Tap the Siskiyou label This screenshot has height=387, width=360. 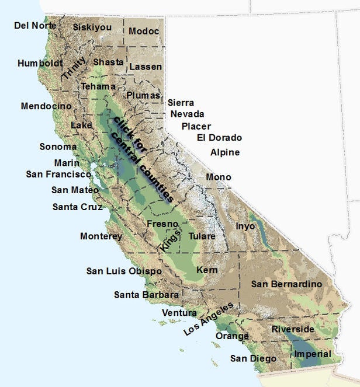point(92,27)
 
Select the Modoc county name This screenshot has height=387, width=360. point(144,31)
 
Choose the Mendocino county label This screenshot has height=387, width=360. point(46,106)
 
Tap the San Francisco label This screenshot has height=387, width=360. point(58,174)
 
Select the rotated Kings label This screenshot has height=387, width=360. point(167,240)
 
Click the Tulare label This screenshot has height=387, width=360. point(202,236)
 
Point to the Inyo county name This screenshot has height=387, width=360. point(245,225)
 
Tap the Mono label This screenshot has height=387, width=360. point(219,177)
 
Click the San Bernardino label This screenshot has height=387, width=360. point(286,284)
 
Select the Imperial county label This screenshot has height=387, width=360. point(313,354)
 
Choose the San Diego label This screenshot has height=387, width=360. point(253,358)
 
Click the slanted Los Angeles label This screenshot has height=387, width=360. point(209,319)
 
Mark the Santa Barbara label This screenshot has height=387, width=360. point(146,295)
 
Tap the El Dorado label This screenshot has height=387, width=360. point(219,138)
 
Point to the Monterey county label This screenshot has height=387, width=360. point(101,236)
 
